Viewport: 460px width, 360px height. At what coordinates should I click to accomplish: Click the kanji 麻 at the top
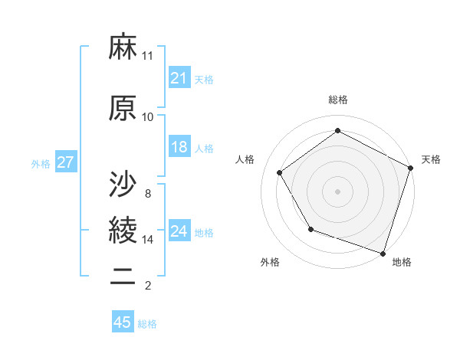(123, 48)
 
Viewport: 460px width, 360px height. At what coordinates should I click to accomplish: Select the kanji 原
(123, 108)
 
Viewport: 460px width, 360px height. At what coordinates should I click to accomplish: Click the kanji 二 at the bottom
(123, 277)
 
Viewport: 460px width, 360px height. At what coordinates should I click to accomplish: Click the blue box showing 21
(179, 78)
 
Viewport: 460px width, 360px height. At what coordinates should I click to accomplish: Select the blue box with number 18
(179, 148)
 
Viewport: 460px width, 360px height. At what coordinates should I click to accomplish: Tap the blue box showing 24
(179, 232)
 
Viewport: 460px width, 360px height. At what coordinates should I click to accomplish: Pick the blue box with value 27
(65, 163)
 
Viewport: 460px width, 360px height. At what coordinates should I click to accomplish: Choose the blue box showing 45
(123, 322)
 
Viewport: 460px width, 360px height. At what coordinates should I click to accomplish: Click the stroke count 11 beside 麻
(148, 56)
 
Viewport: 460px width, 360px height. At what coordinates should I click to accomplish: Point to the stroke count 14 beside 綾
(148, 240)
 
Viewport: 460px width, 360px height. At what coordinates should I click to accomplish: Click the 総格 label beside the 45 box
(147, 324)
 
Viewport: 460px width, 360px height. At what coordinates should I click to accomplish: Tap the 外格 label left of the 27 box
(41, 164)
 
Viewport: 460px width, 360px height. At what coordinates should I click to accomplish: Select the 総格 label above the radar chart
(338, 100)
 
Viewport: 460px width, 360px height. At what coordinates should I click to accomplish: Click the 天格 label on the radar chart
(431, 159)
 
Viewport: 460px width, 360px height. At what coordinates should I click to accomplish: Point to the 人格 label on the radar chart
(245, 159)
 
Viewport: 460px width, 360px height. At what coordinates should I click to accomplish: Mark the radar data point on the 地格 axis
(383, 253)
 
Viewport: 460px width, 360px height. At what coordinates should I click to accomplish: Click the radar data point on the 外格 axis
(310, 229)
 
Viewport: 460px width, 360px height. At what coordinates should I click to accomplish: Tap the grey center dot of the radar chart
(338, 191)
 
